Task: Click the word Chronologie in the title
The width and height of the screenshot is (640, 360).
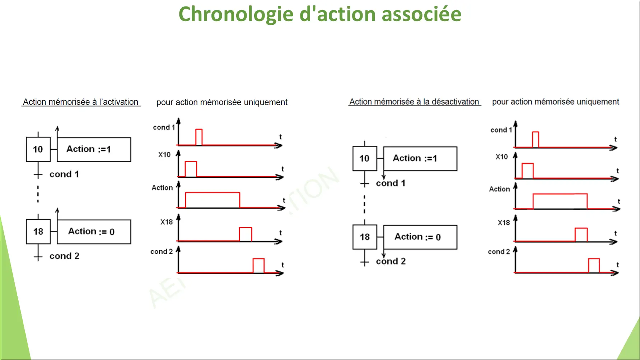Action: click(x=236, y=15)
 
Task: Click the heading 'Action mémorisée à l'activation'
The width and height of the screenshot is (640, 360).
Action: click(x=81, y=102)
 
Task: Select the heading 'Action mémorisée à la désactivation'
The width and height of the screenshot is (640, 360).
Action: click(x=414, y=102)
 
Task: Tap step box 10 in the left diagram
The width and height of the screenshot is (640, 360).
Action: click(x=38, y=149)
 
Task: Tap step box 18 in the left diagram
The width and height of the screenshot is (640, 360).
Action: click(x=38, y=232)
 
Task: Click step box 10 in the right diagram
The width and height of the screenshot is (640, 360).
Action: click(x=365, y=158)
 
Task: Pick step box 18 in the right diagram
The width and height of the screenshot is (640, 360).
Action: click(x=365, y=237)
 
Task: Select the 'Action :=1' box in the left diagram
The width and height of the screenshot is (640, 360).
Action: click(x=94, y=149)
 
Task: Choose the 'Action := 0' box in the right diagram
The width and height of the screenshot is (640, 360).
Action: click(x=420, y=237)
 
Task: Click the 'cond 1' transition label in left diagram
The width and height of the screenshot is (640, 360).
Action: click(x=64, y=174)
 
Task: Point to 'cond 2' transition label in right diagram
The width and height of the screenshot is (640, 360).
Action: click(x=391, y=261)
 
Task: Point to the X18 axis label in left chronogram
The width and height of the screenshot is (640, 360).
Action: click(x=167, y=222)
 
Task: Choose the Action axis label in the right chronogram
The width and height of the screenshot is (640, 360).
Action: click(x=499, y=189)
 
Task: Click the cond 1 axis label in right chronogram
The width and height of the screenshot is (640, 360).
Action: click(x=501, y=130)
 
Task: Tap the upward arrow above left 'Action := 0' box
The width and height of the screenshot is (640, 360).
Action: click(x=57, y=214)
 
